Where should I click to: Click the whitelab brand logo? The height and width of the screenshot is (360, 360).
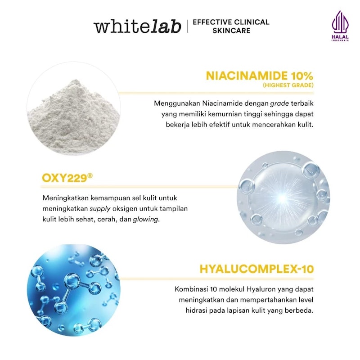[137, 26]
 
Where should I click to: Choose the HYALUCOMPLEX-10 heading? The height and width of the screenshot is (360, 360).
[256, 270]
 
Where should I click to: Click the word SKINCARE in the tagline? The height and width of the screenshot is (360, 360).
[231, 31]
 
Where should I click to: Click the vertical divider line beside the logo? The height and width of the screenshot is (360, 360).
[187, 26]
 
